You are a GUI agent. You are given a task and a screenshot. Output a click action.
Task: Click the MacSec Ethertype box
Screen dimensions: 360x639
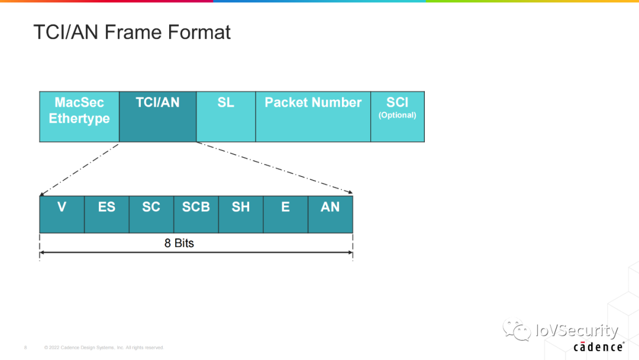point(79,117)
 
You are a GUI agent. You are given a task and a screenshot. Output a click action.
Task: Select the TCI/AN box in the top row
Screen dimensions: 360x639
point(157,117)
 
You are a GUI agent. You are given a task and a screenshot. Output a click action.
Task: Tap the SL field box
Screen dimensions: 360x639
point(225,117)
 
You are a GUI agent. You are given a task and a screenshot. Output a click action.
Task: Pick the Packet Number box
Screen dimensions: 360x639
point(313,117)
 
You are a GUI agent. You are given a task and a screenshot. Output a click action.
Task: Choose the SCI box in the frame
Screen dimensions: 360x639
point(398,117)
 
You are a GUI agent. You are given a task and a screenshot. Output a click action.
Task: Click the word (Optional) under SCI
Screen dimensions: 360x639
point(398,115)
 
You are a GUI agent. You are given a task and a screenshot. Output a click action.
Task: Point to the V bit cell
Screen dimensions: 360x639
point(62,214)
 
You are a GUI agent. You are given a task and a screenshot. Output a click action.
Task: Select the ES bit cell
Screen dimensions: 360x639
point(106,214)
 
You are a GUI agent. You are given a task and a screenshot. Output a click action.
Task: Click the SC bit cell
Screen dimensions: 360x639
point(151,214)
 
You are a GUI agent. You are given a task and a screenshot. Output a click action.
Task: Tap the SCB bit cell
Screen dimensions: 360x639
point(196,214)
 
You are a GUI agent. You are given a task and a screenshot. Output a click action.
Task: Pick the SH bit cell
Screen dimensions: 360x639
point(241,214)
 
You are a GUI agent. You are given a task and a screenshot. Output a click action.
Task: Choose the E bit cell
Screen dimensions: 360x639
point(286,214)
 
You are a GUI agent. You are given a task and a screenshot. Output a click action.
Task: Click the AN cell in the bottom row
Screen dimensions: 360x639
point(330,214)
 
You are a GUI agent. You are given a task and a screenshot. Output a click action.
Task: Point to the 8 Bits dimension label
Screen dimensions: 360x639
point(179,243)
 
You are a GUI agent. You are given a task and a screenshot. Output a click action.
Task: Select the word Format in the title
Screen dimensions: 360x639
point(199,32)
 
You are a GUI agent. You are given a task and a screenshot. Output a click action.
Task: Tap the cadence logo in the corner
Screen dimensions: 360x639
point(598,347)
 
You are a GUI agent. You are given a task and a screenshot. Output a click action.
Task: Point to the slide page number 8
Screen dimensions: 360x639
point(25,348)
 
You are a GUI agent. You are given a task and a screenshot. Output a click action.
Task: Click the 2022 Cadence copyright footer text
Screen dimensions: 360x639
point(104,348)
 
